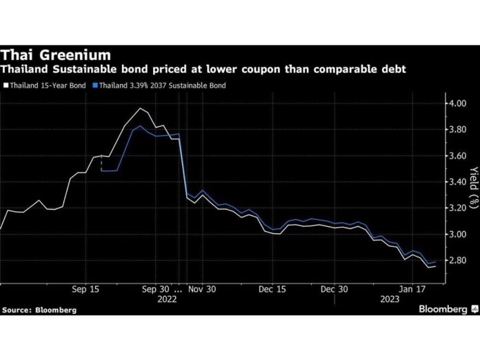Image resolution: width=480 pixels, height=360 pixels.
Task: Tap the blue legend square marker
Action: (x=94, y=86)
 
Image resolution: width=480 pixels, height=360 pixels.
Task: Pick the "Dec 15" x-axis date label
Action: (x=270, y=290)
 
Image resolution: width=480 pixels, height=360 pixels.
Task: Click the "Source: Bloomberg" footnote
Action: (x=39, y=310)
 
